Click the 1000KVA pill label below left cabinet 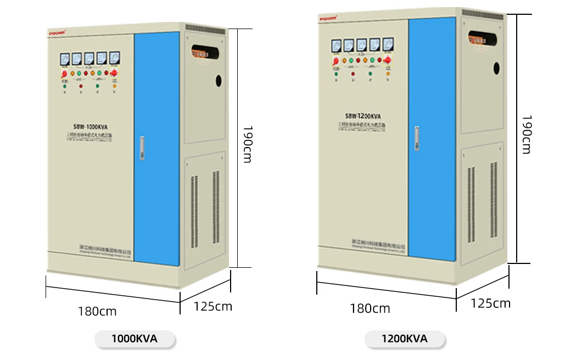(x=135, y=339)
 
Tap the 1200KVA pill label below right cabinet (x=405, y=339)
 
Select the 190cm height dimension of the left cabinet (x=248, y=144)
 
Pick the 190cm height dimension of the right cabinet (x=526, y=134)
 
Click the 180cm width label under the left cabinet (x=97, y=312)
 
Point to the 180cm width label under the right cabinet (x=370, y=308)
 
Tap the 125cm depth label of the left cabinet (x=212, y=306)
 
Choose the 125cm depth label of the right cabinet (x=490, y=303)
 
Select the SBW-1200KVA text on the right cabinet (x=363, y=116)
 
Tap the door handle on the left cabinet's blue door (x=142, y=148)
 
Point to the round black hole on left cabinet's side (x=218, y=81)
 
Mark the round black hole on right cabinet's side (x=496, y=68)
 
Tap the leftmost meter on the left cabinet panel (x=64, y=58)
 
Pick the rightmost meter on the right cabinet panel (x=388, y=44)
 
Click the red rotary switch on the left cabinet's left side (x=64, y=73)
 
